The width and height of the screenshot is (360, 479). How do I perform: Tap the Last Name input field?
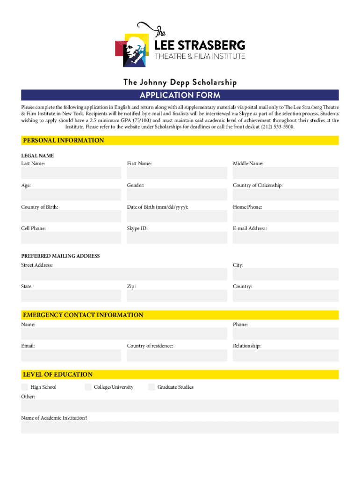71,173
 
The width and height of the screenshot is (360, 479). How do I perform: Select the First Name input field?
177,173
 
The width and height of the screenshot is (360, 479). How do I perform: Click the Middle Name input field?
286,173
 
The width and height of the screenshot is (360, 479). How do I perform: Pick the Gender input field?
177,195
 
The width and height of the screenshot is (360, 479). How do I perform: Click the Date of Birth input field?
177,216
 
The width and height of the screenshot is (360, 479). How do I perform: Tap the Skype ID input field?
177,238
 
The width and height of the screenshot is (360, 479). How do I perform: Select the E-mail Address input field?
286,238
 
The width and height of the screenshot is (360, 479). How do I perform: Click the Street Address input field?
124,274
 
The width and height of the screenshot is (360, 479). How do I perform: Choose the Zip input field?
177,296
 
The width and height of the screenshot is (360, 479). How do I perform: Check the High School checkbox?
24,387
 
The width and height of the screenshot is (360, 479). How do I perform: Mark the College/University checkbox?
88,387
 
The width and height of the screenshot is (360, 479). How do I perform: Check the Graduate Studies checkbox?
151,387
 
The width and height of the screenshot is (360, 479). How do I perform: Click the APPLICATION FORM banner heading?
180,96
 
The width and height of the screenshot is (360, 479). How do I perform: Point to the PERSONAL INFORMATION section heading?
64,140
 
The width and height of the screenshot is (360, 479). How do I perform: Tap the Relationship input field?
286,355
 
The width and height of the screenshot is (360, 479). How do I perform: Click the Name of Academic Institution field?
180,428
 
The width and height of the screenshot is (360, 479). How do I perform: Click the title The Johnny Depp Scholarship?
180,83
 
